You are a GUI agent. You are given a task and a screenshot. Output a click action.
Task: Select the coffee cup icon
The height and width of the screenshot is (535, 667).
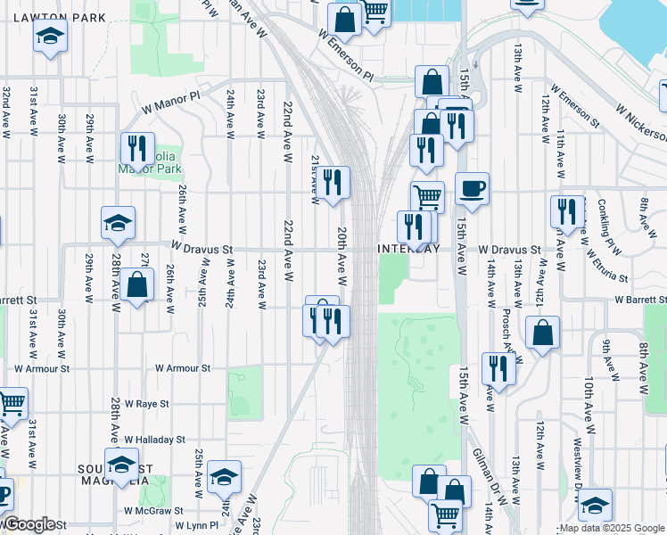[472, 189]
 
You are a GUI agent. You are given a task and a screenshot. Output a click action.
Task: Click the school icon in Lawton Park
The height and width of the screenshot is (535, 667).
[50, 37]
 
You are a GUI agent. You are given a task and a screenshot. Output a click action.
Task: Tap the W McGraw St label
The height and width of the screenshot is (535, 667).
[153, 511]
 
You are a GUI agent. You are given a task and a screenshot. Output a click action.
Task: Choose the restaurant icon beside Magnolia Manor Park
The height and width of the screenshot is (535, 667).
[137, 149]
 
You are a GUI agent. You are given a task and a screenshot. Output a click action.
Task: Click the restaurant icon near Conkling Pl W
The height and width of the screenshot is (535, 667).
[567, 212]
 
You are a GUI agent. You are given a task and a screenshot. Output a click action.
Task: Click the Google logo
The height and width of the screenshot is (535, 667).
[29, 524]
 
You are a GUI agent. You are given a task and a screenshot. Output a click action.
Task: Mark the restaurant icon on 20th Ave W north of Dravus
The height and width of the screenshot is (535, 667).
[334, 184]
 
